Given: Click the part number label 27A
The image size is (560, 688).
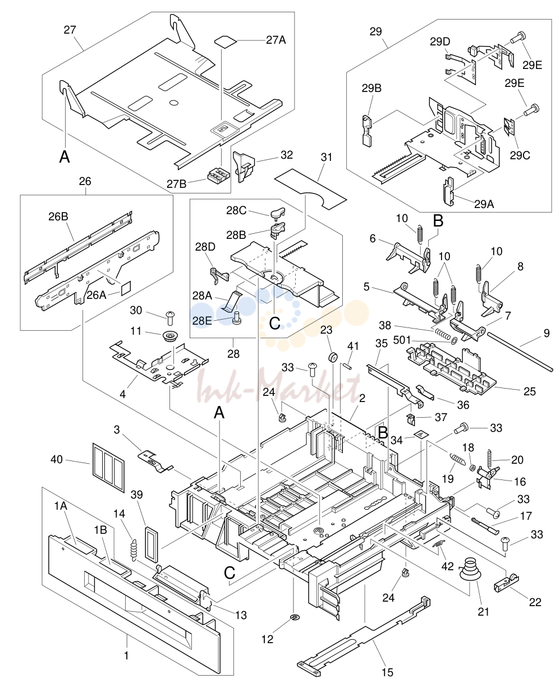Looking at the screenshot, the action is tap(276, 40).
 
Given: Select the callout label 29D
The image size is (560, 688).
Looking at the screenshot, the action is tap(440, 41).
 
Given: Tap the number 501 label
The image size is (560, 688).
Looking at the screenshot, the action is tap(402, 340).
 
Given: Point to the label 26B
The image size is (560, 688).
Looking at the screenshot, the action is tap(58, 216).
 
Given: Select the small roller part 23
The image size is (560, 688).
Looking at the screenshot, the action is tap(333, 358).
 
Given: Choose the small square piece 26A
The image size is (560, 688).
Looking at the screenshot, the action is tap(126, 288).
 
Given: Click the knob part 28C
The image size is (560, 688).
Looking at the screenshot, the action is tap(277, 212).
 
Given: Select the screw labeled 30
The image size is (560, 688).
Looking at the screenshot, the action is tap(169, 318).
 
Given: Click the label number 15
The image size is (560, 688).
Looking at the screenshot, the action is tap(387, 672).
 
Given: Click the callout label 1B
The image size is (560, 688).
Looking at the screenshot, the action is tap(100, 530).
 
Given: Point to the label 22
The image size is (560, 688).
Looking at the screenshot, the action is tap(535, 602).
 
